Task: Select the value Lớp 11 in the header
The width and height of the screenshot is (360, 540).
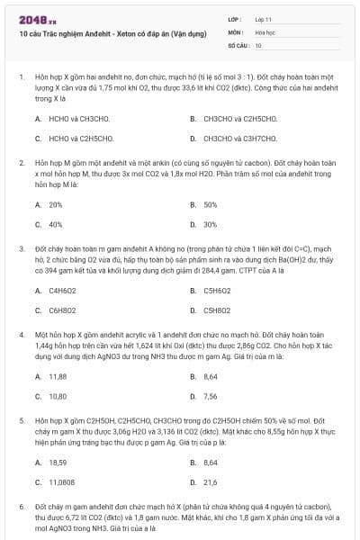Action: tap(264, 18)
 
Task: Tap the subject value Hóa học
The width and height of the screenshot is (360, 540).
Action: tap(265, 31)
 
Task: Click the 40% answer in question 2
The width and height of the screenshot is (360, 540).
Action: tap(56, 224)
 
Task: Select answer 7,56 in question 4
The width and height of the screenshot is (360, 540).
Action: tap(211, 396)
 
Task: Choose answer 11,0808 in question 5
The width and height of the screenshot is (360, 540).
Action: tap(62, 482)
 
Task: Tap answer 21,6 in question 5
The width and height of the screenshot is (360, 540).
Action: tap(211, 482)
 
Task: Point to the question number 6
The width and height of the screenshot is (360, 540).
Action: tap(21, 508)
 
